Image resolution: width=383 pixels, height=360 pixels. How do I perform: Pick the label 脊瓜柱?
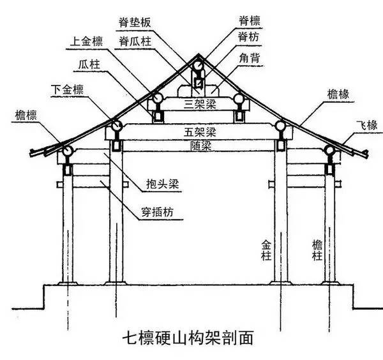[x=136, y=41]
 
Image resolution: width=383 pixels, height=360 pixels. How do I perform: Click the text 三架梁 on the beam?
[x=198, y=102]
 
